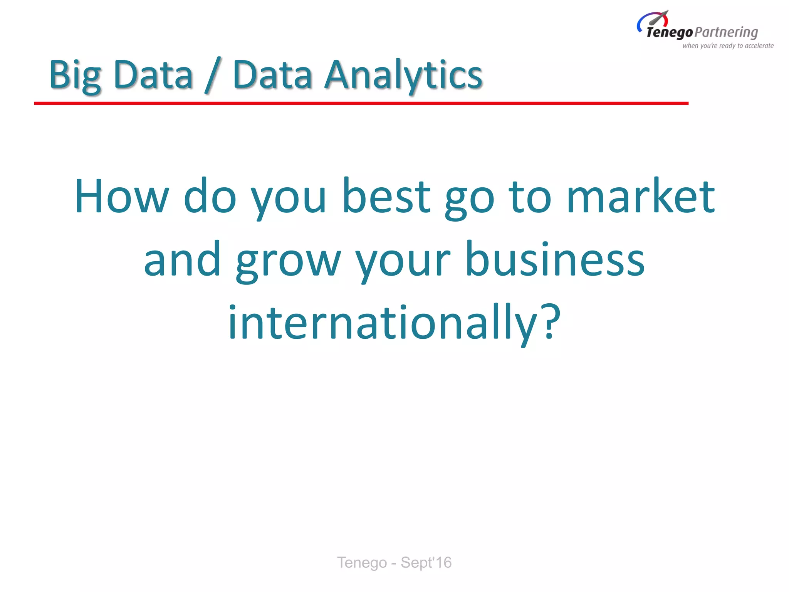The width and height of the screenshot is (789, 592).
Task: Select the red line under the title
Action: (x=361, y=103)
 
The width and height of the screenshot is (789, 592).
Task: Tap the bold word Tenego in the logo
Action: (x=670, y=32)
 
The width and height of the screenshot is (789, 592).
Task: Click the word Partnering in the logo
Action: (x=727, y=32)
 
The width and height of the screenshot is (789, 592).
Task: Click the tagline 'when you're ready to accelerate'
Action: (x=728, y=46)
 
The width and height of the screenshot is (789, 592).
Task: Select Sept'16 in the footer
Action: (x=426, y=563)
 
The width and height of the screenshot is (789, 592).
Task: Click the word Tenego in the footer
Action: (x=362, y=563)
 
